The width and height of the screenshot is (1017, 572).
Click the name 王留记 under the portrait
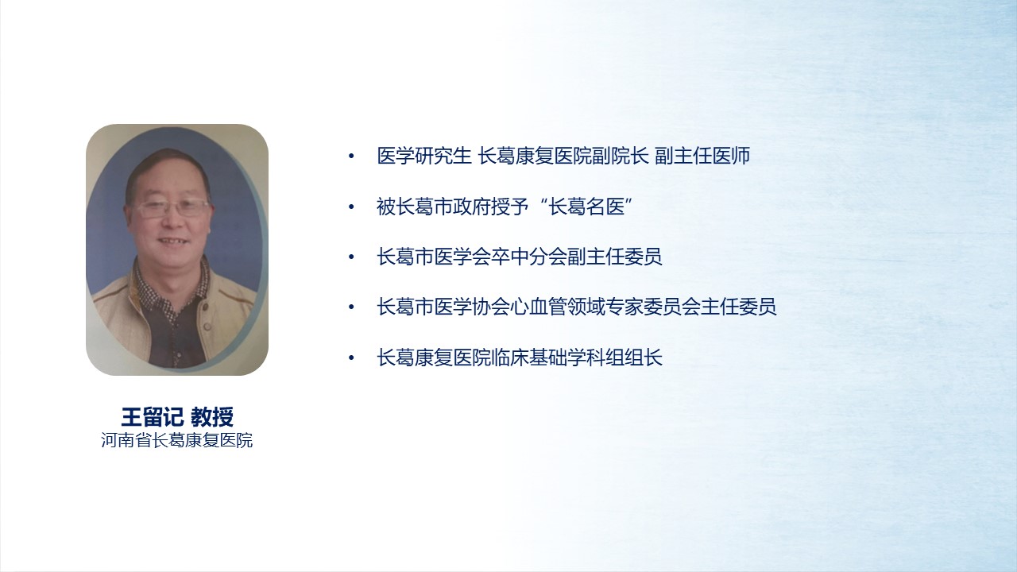152,417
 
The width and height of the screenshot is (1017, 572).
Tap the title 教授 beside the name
212,417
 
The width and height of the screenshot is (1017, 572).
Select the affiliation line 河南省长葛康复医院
176,440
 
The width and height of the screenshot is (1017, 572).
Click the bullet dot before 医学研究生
351,157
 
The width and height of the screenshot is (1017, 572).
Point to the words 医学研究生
424,156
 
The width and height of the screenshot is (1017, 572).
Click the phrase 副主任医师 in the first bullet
702,156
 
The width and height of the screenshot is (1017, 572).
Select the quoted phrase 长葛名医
586,207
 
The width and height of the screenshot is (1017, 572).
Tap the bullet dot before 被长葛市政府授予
351,207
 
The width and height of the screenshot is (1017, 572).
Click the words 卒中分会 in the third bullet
529,257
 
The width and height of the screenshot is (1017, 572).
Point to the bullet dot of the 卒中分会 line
351,257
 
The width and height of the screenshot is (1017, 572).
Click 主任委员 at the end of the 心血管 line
739,307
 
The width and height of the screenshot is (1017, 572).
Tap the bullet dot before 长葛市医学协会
351,307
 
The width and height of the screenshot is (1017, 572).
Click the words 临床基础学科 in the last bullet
548,357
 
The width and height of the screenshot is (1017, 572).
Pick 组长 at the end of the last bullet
644,357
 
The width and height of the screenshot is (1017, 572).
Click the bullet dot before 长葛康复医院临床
351,358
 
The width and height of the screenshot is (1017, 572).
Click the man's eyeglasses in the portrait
172,208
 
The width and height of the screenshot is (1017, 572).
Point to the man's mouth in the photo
172,241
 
